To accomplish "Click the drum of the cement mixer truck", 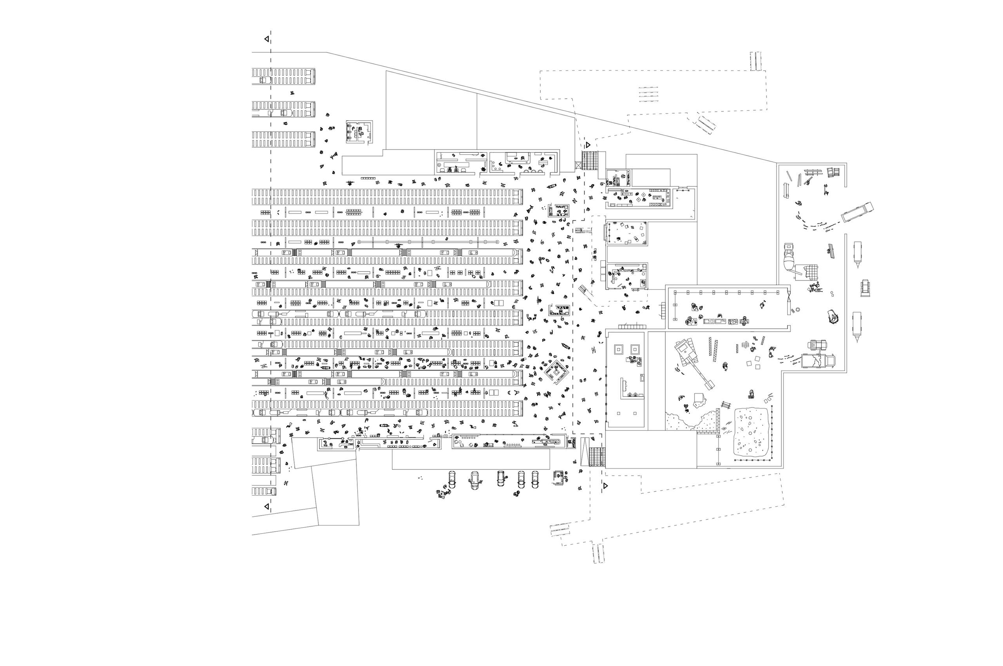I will point(789,261).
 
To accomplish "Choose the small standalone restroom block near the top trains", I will point(360,132).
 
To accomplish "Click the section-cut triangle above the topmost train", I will point(267,39).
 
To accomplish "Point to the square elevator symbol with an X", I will point(578,165).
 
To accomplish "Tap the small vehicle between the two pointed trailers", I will point(865,288).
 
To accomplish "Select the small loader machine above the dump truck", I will point(817,344).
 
